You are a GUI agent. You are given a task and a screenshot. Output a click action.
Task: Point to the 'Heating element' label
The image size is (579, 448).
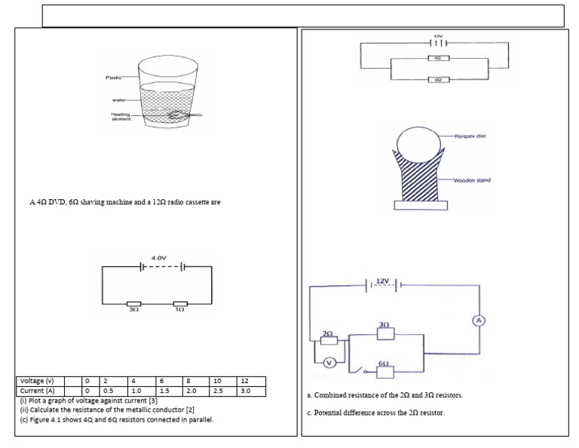(121, 115)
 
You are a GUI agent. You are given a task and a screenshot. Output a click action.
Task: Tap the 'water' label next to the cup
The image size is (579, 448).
(119, 99)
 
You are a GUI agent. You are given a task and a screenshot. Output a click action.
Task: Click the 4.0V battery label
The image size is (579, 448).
(159, 258)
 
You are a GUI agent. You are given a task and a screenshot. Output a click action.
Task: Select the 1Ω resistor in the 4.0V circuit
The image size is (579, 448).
(180, 303)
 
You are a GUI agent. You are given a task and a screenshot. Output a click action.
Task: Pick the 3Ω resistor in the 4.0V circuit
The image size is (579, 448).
(133, 303)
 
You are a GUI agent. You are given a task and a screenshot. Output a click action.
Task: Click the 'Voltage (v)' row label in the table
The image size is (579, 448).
(36, 382)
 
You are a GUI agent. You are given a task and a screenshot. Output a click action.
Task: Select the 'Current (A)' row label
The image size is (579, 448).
(36, 391)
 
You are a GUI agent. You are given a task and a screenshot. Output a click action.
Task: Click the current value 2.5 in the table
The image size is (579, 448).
(219, 391)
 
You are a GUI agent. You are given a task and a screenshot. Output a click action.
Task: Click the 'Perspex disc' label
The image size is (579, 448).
(471, 137)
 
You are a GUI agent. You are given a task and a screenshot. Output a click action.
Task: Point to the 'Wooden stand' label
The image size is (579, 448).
(473, 180)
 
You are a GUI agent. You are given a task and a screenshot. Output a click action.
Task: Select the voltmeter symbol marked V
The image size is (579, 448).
(329, 363)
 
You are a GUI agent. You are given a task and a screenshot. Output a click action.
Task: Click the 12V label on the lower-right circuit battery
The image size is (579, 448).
(384, 281)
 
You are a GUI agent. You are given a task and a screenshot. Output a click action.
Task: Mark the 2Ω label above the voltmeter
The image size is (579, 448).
(327, 332)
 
